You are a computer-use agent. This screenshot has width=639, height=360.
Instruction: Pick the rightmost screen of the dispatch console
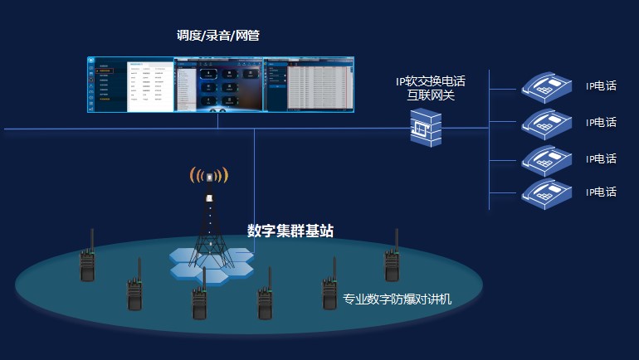click(309, 84)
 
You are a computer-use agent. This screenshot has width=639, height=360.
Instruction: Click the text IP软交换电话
click(430, 81)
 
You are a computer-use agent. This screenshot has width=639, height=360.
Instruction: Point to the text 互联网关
click(430, 95)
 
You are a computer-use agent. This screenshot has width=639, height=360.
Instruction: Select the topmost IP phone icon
click(547, 84)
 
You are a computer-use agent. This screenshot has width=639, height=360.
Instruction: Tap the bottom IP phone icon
click(547, 192)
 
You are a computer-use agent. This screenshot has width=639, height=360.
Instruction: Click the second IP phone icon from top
click(547, 121)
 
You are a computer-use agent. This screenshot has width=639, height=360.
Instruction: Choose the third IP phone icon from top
click(547, 158)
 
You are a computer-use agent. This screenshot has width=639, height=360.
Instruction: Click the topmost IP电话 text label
click(601, 85)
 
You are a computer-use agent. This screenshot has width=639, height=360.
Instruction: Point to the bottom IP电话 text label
click(601, 192)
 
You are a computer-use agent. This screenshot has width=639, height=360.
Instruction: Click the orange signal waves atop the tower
click(209, 175)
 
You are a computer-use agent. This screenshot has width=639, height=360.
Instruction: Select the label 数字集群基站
click(290, 231)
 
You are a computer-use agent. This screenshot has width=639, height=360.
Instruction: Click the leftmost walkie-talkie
click(85, 257)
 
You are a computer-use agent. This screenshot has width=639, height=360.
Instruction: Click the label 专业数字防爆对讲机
click(398, 299)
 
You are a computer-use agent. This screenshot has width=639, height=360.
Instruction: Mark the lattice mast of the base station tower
click(208, 224)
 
